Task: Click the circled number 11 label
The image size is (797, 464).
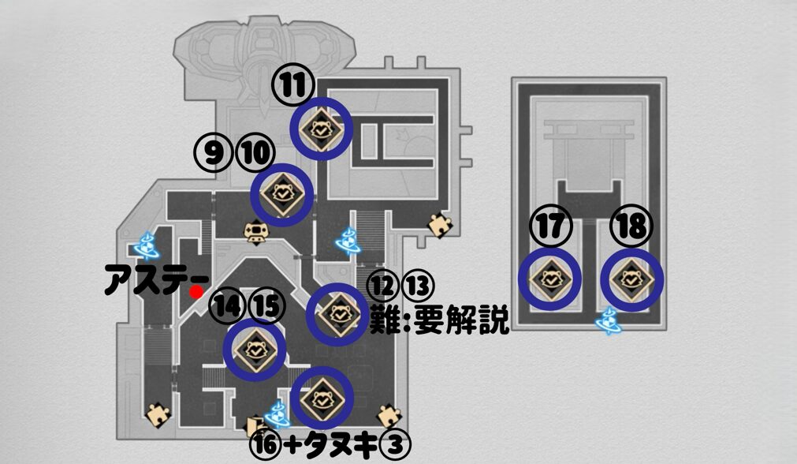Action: point(293,84)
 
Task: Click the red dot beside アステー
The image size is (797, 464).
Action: point(195,292)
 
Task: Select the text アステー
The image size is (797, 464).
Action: point(155,281)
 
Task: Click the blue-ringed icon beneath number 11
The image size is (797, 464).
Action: point(321,128)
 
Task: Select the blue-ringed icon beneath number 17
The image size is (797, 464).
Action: point(550,279)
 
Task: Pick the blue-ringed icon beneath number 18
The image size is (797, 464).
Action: point(632,279)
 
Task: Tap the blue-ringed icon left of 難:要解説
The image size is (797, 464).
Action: point(337,314)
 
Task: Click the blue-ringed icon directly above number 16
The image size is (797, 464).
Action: point(322,399)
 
